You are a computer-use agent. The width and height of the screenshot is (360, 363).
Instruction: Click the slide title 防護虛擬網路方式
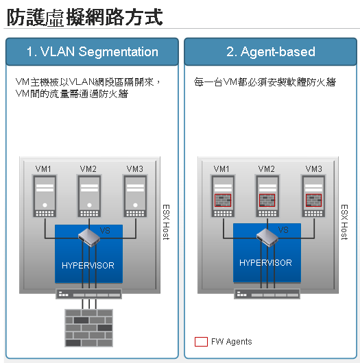[x=85, y=17]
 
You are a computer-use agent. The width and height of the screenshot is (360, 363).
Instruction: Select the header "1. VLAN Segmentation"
[x=93, y=51]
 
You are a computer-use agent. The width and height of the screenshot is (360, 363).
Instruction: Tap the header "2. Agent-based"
[x=271, y=51]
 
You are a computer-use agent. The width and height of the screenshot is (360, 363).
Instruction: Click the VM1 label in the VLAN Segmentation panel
[x=43, y=168]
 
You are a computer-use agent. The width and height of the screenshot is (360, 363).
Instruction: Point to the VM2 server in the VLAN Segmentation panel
[x=89, y=196]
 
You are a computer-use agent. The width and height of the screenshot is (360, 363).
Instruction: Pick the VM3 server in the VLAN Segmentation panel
[x=135, y=196]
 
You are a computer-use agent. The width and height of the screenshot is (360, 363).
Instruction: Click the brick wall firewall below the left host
[x=88, y=328]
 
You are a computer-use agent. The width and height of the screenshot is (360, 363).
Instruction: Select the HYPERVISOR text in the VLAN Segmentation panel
[x=88, y=265]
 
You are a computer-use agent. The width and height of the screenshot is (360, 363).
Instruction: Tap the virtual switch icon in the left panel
[x=89, y=238]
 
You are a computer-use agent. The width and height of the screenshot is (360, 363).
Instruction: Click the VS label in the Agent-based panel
[x=283, y=230]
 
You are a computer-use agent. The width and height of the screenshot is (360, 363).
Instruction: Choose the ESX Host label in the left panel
[x=166, y=222]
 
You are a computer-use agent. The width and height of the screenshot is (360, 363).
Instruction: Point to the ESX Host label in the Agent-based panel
[x=344, y=222]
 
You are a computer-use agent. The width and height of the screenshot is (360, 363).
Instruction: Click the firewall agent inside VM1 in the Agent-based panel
[x=223, y=200]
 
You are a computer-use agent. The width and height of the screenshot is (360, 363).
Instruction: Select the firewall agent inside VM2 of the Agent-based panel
[x=267, y=200]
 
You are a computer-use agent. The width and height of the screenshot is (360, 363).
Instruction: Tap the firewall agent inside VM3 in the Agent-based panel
[x=313, y=200]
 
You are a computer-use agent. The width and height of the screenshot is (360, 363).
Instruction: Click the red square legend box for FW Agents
[x=201, y=342]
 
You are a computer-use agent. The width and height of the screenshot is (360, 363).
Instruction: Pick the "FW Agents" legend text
[x=232, y=342]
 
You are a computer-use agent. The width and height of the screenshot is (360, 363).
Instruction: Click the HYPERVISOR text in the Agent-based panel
[x=265, y=263]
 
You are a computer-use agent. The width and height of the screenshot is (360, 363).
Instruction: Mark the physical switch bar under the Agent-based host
[x=267, y=294]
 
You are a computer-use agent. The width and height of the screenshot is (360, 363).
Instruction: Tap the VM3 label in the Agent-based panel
[x=313, y=168]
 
